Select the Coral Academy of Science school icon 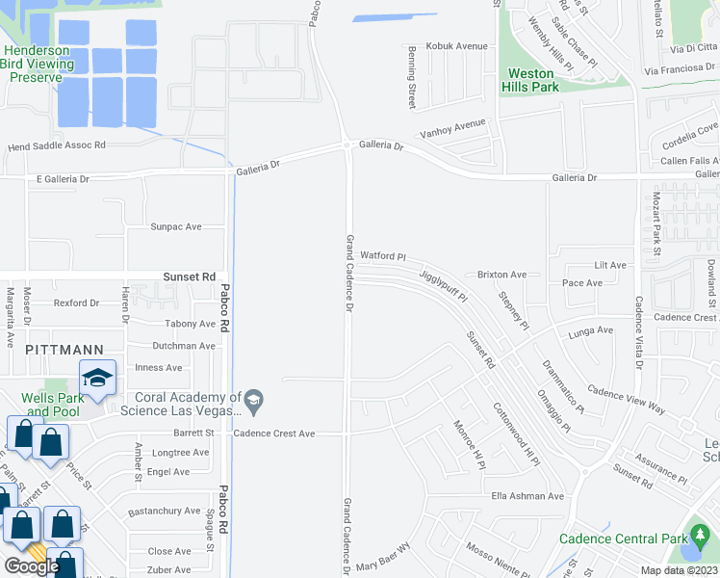(253, 399)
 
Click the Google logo (32, 566)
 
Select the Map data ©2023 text (679, 570)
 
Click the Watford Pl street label (384, 257)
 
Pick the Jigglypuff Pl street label (443, 285)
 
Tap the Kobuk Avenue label (459, 46)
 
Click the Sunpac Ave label (175, 226)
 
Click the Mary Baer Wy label (383, 563)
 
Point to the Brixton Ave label (501, 275)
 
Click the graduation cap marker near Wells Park (97, 379)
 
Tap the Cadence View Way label (627, 402)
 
